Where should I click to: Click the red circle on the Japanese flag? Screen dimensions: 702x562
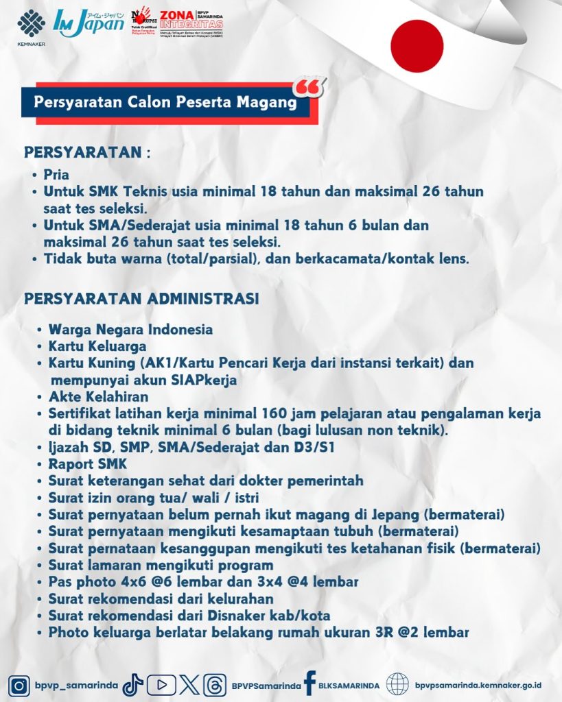pos(417,46)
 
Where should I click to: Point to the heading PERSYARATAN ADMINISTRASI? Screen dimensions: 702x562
pos(141,299)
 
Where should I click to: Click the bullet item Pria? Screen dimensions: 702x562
pos(56,175)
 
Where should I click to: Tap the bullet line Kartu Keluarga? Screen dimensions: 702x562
pos(97,346)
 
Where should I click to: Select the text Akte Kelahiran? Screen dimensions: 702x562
pos(98,397)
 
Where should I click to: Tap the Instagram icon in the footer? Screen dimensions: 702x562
pos(21,685)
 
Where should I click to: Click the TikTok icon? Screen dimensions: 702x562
pos(132,685)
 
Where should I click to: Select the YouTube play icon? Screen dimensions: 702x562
pos(161,685)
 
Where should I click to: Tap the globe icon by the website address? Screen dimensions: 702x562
pos(397,684)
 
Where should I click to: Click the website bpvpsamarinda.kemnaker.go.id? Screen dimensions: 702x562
pos(478,685)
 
